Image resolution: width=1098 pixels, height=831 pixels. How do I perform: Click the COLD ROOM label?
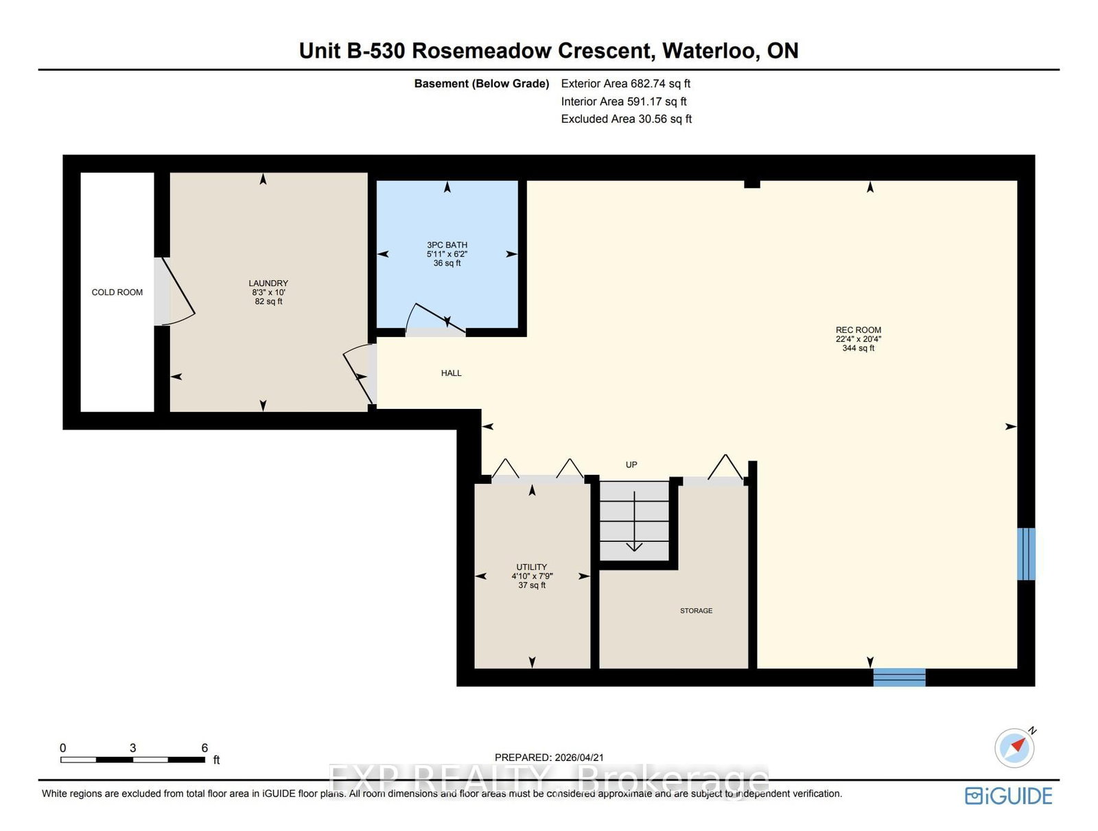pos(117,292)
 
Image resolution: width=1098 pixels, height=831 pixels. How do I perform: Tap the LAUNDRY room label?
pos(268,283)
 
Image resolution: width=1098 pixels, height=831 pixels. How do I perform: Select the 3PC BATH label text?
pos(447,245)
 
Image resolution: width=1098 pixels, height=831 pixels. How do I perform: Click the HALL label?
pos(451,373)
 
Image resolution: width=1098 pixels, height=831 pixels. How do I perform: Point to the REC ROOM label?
pos(858,330)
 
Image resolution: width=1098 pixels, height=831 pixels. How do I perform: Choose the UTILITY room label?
pos(532,567)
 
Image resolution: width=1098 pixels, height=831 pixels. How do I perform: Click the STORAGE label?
pos(696,611)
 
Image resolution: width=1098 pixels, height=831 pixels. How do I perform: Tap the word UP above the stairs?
pos(631,465)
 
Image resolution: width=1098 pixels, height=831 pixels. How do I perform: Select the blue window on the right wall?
pos(1026,554)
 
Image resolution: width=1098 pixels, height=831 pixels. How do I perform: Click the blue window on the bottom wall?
pos(899,677)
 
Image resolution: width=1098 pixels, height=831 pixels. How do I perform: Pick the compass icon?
pos(1014,747)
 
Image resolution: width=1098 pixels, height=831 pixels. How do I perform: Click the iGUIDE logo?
pos(1008,796)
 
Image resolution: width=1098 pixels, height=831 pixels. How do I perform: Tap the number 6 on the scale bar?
pos(205,748)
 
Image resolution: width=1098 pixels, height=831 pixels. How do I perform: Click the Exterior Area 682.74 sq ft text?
pos(625,84)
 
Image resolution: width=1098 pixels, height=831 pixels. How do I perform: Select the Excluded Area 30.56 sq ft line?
pos(626,119)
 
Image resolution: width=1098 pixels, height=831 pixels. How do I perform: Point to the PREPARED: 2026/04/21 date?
pos(549,758)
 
